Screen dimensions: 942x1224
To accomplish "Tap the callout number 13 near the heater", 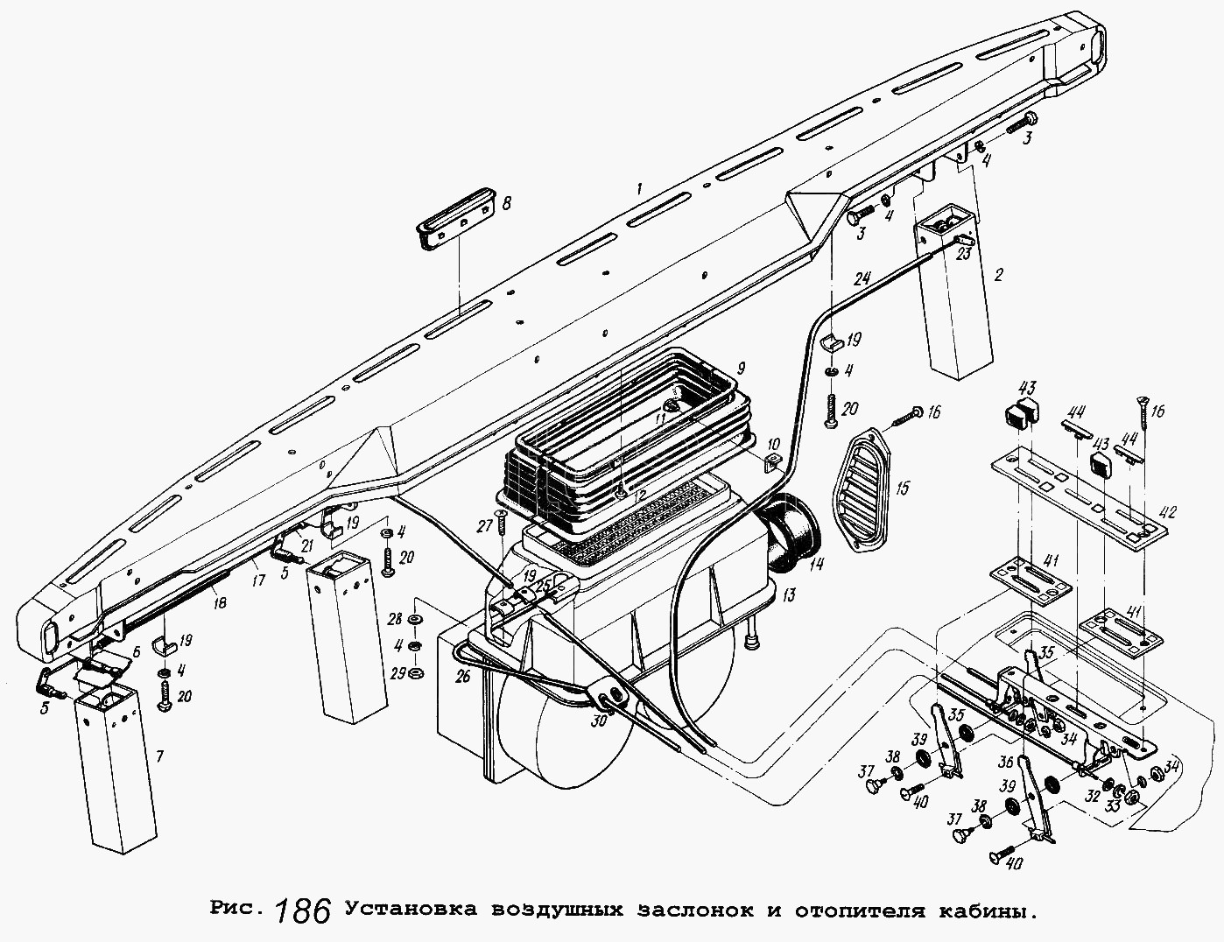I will point(788,595).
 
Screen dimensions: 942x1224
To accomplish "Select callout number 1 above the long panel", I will point(640,187).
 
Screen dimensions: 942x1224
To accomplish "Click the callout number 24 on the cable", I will point(862,281).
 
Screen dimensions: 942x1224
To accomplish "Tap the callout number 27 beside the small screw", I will point(482,526).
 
